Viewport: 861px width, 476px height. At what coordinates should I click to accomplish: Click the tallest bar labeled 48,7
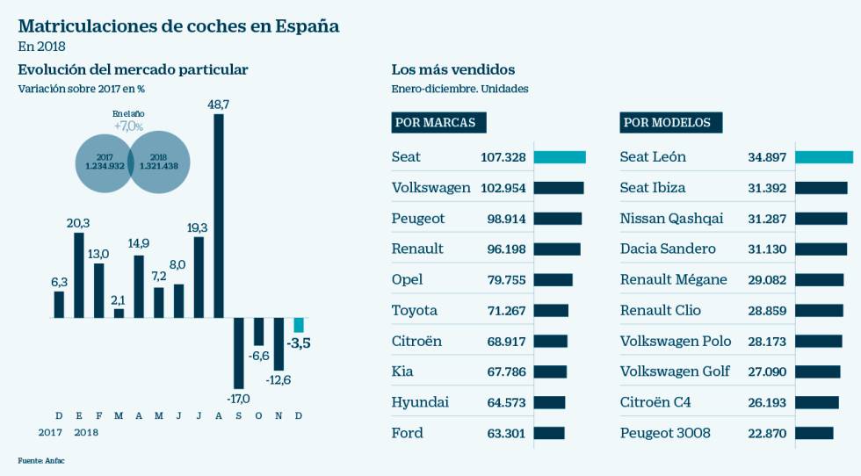[219, 215]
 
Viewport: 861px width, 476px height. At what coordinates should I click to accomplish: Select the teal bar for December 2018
[299, 325]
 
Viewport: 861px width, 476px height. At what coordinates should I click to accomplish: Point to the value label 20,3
[78, 223]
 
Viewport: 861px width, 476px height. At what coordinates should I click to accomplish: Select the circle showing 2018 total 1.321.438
[158, 161]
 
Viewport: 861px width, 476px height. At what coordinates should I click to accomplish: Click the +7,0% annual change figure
[128, 126]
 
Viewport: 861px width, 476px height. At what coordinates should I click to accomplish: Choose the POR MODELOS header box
[671, 123]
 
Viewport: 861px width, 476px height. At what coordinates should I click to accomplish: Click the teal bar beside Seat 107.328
[559, 157]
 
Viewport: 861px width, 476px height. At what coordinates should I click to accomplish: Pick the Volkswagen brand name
[430, 188]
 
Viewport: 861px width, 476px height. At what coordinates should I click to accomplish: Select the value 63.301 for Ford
[506, 433]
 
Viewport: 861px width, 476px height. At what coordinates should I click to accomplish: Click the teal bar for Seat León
[824, 157]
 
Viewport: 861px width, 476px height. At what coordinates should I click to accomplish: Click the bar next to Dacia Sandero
[821, 249]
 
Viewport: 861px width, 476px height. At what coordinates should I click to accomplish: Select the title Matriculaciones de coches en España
[178, 25]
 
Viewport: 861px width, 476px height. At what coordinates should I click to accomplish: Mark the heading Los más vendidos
[452, 69]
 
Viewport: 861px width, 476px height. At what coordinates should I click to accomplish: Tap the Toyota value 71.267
[506, 311]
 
